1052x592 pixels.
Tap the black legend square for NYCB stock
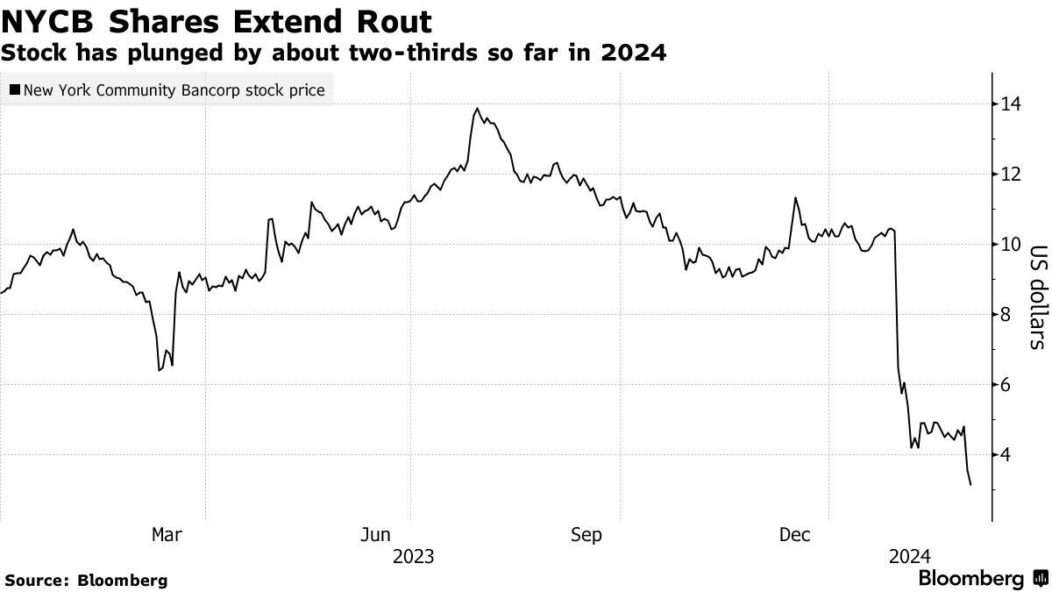(x=15, y=89)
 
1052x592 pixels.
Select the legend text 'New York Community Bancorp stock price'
(x=174, y=89)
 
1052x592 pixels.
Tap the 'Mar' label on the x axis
(x=167, y=534)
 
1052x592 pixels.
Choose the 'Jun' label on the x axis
(x=375, y=534)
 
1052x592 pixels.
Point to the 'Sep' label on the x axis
(x=586, y=534)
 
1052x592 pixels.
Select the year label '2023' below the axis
(x=414, y=556)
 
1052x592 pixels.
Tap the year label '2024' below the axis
(x=909, y=556)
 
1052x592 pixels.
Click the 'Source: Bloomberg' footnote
(x=86, y=580)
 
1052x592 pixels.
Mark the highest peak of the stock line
(x=477, y=109)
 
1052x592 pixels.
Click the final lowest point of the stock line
(x=970, y=485)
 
